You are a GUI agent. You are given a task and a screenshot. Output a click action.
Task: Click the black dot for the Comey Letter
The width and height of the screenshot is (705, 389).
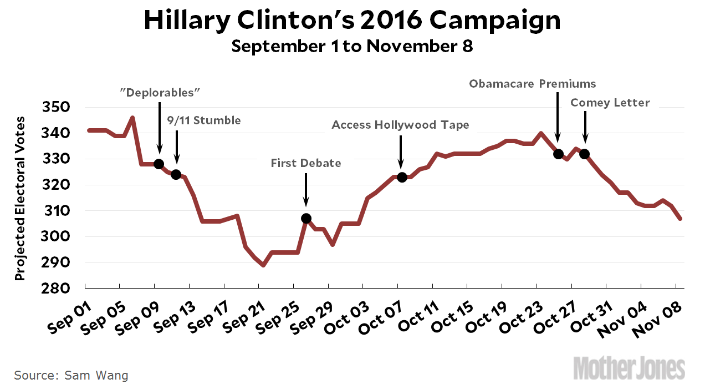585,154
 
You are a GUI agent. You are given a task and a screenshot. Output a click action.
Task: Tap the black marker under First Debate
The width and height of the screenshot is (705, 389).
306,218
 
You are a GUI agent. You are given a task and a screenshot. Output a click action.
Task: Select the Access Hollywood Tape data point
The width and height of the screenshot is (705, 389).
402,177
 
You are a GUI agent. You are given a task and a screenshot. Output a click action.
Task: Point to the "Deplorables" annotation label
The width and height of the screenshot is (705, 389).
160,93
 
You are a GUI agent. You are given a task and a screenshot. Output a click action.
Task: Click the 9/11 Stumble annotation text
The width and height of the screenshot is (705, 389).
204,120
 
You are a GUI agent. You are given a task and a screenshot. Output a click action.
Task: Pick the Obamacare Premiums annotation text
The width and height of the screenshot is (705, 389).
533,84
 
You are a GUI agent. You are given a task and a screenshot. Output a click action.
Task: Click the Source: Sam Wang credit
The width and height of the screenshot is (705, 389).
71,376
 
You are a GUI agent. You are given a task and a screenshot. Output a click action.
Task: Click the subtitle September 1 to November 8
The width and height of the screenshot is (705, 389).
352,46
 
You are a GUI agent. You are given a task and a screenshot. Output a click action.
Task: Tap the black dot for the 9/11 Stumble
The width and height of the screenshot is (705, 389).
176,175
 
